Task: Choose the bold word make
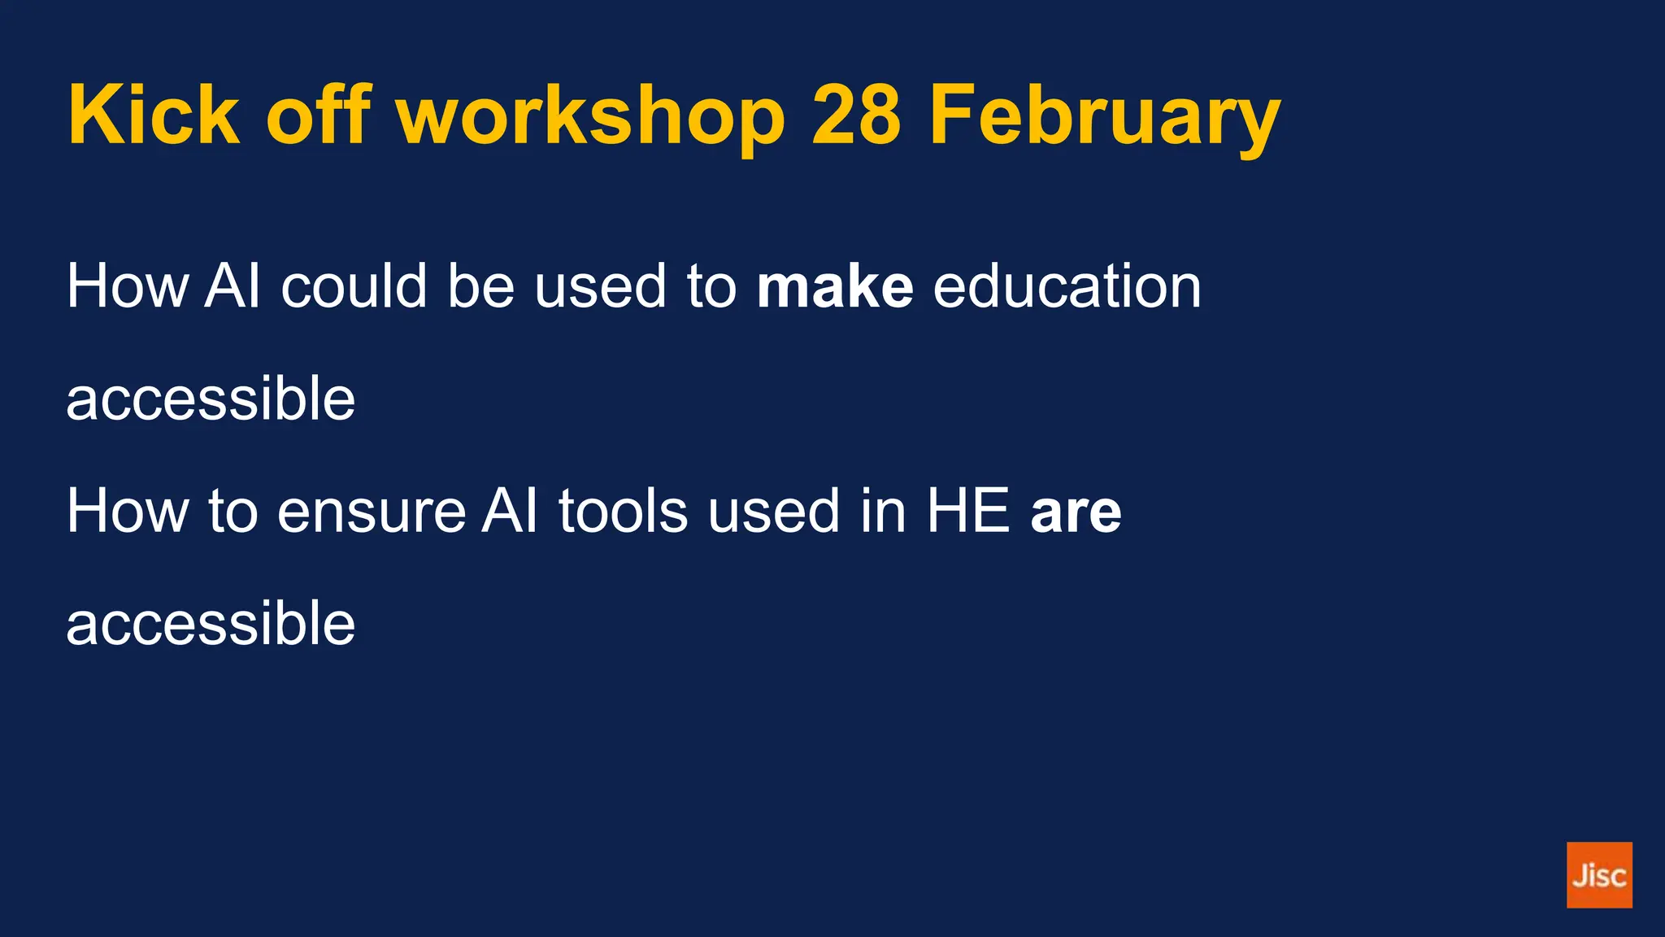click(834, 286)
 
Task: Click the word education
click(1067, 286)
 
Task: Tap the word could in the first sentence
click(354, 286)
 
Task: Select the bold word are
click(1076, 512)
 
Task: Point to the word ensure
click(372, 512)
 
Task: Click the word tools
click(623, 512)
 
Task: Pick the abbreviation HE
click(968, 512)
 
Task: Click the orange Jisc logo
click(1598, 875)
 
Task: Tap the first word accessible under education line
click(211, 399)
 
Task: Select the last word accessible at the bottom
click(211, 624)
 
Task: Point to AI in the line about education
click(233, 286)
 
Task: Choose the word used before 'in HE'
click(773, 512)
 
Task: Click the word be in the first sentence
click(480, 286)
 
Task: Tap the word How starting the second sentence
click(127, 512)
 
